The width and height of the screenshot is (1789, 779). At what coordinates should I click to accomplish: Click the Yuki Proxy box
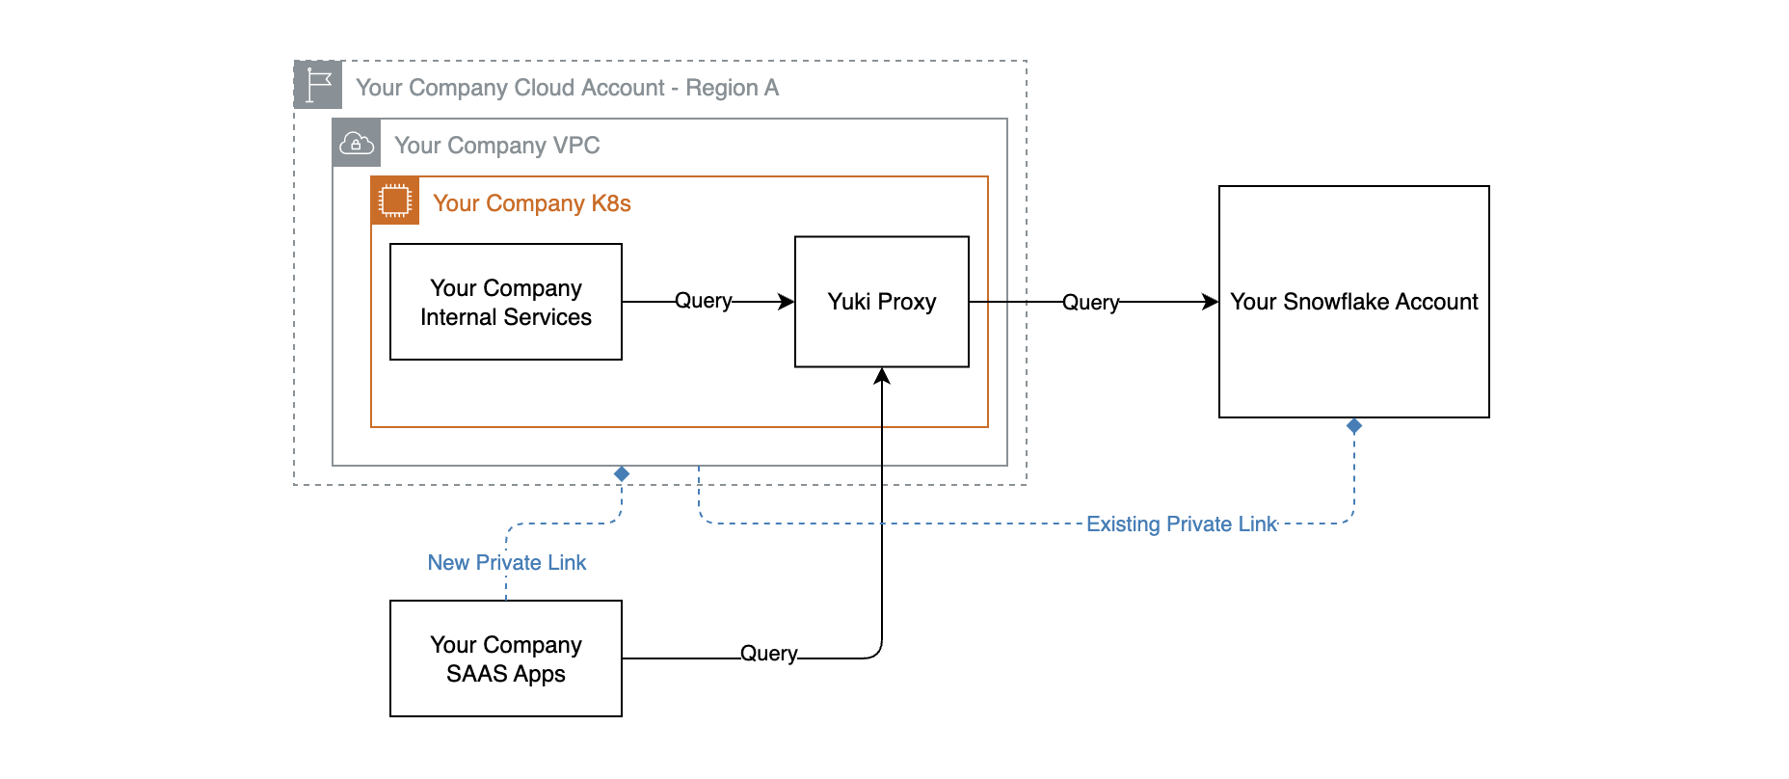881,302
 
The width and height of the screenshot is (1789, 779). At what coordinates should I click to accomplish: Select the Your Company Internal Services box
505,302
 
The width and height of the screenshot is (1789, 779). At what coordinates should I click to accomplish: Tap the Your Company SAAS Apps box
505,658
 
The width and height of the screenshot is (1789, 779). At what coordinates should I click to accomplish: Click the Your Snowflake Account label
1353,302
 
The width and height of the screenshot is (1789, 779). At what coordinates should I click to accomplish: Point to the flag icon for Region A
318,85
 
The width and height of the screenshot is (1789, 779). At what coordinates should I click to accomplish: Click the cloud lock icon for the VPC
357,144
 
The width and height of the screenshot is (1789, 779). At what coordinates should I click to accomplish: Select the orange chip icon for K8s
395,201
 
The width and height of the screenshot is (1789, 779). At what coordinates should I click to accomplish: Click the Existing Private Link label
1181,524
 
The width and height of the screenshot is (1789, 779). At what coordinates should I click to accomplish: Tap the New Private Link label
506,562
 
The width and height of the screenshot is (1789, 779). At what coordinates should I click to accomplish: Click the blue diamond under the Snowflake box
1354,425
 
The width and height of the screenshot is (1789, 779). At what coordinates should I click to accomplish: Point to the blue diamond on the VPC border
622,473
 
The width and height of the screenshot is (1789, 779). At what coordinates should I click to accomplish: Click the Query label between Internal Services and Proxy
703,300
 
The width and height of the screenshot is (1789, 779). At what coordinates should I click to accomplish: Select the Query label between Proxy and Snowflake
1090,302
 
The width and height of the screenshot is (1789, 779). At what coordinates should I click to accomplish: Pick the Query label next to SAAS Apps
768,653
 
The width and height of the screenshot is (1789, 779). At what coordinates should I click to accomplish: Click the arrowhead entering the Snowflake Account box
1212,302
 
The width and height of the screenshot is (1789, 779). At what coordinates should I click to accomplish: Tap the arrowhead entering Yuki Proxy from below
882,376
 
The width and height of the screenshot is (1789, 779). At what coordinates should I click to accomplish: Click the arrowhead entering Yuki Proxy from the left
788,302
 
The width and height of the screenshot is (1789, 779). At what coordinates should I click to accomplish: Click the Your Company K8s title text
531,203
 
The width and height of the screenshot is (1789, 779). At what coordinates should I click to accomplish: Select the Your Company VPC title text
496,146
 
